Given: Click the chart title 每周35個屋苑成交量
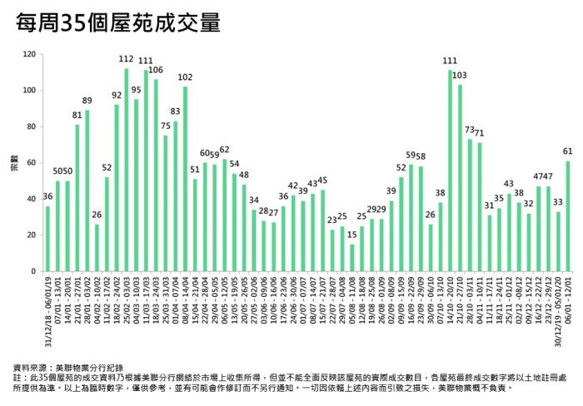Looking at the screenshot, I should point(117,22).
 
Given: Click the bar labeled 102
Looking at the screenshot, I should point(185,179).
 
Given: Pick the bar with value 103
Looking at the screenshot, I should point(459,178).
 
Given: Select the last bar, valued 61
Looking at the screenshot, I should point(567,216).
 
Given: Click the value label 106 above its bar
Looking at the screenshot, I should point(156,70).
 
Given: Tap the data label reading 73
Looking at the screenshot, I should point(469,130).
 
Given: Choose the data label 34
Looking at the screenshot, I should point(254,201).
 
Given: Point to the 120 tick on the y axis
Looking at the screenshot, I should point(29,54).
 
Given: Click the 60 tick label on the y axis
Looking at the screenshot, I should point(31,162).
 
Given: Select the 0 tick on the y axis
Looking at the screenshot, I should point(33,271).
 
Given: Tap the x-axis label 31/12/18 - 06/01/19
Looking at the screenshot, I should point(47,314).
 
